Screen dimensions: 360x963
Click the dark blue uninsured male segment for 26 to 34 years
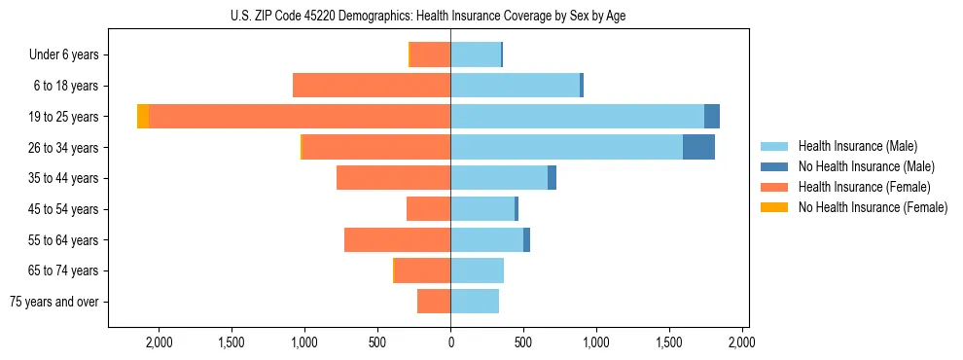pyautogui.click(x=698, y=147)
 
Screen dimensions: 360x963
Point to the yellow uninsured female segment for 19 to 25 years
pyautogui.click(x=143, y=117)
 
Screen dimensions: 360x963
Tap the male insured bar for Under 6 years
pyautogui.click(x=475, y=54)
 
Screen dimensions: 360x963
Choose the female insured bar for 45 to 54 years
pyautogui.click(x=428, y=209)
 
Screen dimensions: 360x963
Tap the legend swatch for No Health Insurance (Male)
pyautogui.click(x=774, y=166)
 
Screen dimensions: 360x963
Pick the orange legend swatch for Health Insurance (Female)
pyautogui.click(x=774, y=187)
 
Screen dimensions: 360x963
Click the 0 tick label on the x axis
pyautogui.click(x=450, y=342)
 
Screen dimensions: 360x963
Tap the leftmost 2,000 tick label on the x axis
pyautogui.click(x=158, y=342)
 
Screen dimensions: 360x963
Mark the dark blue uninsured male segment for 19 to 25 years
pyautogui.click(x=712, y=117)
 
